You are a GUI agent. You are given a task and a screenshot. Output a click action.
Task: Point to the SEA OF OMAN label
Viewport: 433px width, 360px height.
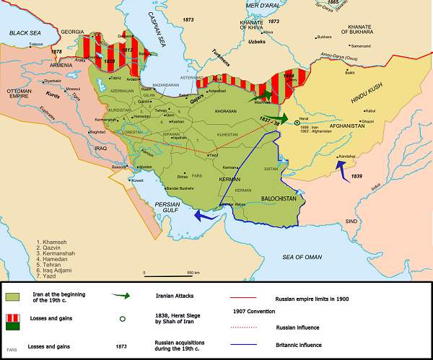coord(301,257)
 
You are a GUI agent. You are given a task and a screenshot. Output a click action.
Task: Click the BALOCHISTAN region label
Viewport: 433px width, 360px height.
coord(274,196)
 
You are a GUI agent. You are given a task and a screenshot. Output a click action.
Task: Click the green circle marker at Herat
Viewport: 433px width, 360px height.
coord(297,123)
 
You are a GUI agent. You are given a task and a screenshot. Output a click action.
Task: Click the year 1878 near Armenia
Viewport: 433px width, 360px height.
coord(36,51)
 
